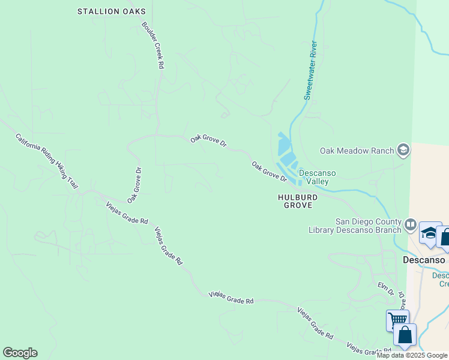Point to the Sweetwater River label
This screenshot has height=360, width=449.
(310, 70)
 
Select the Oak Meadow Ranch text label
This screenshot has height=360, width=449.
(357, 151)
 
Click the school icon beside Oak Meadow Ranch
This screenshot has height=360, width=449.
(404, 150)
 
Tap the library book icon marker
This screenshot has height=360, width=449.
(411, 225)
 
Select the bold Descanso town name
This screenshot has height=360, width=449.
(423, 260)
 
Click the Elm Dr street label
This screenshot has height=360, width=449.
(385, 289)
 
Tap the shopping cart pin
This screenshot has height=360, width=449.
(396, 319)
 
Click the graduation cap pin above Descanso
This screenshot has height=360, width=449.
(429, 233)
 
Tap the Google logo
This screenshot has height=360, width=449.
(20, 353)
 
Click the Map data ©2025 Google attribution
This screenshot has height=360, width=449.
(412, 355)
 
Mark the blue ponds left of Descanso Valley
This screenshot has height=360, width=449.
(286, 154)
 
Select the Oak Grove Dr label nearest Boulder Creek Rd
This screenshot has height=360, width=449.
(208, 141)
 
